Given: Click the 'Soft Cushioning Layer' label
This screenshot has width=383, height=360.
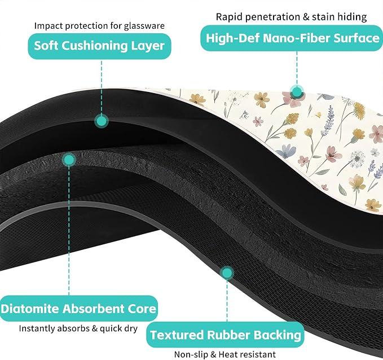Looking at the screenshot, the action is coord(99,46).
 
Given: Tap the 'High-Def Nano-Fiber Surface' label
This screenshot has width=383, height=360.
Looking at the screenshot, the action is coord(292,38).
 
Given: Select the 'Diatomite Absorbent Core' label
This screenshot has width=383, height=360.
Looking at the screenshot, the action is coord(78,309).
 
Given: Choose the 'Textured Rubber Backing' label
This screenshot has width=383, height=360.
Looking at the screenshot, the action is coord(225,335).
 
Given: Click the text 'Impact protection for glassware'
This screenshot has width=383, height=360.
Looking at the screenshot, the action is coord(99,25).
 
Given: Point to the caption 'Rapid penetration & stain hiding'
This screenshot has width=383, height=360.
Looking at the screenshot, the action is coord(292,17).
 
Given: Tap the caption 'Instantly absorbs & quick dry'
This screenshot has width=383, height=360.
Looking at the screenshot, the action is coord(78,328).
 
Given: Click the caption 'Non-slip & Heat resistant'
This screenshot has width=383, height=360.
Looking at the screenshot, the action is coord(225,354).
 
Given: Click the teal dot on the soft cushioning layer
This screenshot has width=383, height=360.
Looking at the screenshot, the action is coord(102,121).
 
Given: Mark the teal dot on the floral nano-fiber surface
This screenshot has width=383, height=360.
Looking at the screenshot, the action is coord(297,92).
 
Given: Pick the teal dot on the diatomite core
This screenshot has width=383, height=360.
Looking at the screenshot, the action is coord(69,160).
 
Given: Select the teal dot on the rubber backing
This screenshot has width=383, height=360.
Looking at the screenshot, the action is coord(227,273).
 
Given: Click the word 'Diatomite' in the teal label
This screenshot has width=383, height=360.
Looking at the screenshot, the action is coord(30,309).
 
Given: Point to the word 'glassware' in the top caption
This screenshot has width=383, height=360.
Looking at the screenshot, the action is coord(144,26).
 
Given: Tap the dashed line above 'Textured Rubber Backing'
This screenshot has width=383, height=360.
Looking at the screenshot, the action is coord(227,301).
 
